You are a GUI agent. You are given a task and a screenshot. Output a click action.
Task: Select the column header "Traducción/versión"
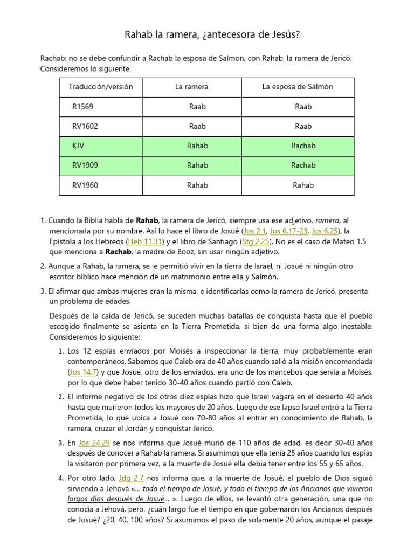(101, 87)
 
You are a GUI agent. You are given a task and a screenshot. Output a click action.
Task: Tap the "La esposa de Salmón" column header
(298, 87)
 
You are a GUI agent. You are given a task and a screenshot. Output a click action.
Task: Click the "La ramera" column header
(191, 87)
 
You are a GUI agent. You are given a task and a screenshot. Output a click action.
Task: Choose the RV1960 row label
(85, 185)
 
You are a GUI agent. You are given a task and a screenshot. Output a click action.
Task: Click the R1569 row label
(82, 107)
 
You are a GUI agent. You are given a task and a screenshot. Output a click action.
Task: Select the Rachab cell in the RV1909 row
(303, 165)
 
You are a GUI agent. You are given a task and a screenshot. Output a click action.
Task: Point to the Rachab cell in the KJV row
(303, 146)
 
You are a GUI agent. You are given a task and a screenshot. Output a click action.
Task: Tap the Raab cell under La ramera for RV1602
(197, 126)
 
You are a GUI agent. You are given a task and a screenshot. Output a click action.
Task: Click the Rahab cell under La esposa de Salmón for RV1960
(303, 185)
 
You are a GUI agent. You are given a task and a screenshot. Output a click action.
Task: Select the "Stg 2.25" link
(257, 242)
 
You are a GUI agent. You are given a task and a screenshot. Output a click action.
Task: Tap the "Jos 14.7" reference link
(83, 372)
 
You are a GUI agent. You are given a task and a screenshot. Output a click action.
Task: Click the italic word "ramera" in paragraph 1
(327, 220)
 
